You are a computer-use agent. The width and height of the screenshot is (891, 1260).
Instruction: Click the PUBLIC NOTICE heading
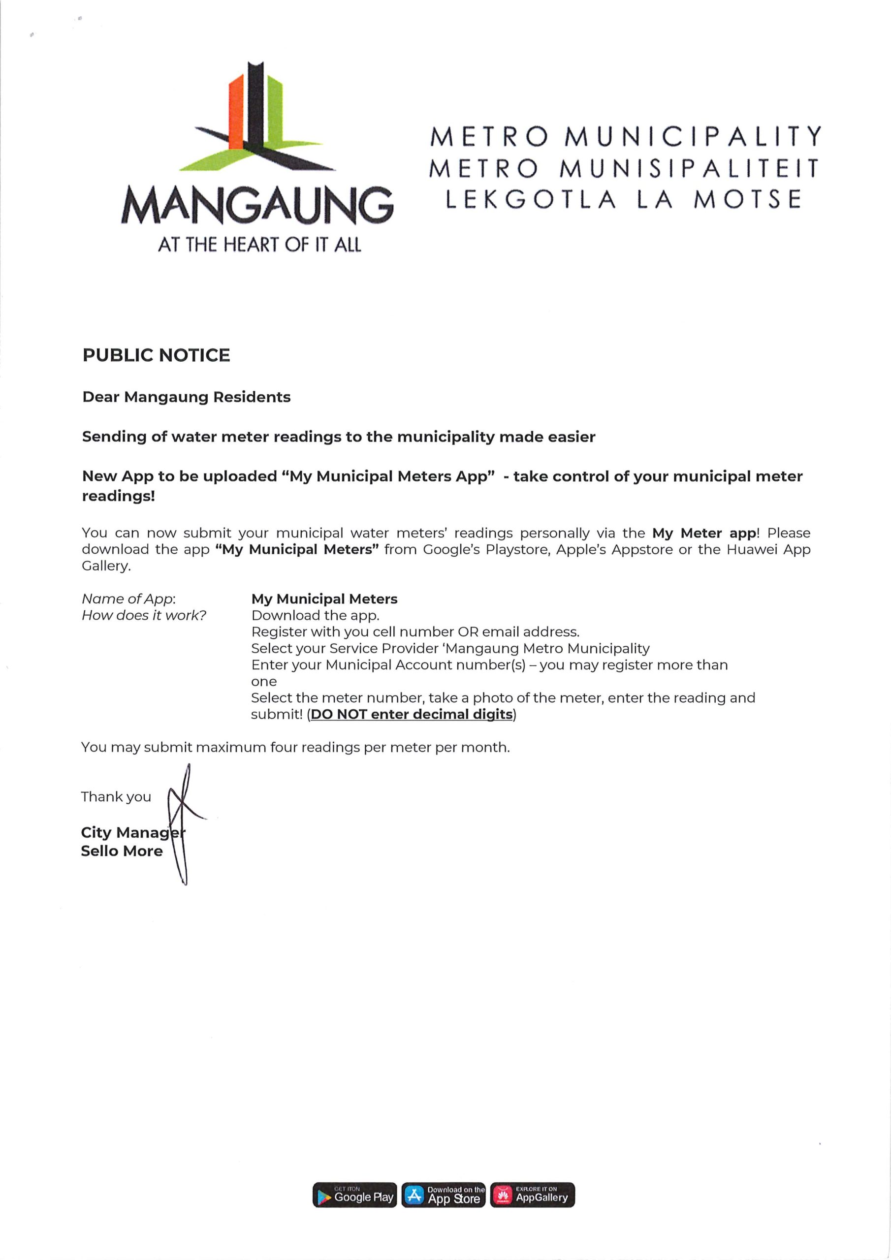coord(156,355)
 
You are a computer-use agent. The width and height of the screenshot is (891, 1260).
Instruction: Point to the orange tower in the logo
coord(236,113)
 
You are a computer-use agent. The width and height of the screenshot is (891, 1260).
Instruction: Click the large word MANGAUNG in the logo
coord(257,205)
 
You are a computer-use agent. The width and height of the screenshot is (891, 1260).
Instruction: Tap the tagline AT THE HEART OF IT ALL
coord(259,244)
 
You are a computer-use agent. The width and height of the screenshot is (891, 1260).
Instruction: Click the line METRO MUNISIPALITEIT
coord(624,168)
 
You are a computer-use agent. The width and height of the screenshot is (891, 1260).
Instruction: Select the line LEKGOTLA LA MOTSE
coord(624,200)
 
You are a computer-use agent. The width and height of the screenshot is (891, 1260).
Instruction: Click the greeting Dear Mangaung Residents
coord(186,397)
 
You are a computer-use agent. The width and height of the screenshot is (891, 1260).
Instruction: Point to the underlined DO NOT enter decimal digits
coord(412,715)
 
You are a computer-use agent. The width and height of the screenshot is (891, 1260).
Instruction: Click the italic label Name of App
coord(128,598)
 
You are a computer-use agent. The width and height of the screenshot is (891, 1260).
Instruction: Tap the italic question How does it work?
coord(144,615)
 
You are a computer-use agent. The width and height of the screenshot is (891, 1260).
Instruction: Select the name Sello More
coord(122,851)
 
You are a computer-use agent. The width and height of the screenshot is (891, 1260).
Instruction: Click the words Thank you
coord(116,797)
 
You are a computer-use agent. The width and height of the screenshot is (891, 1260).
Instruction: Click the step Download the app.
coord(315,615)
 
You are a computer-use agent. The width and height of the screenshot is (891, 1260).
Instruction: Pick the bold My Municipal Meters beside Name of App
coord(324,598)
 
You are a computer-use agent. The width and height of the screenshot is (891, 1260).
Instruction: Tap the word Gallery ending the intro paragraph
coord(106,566)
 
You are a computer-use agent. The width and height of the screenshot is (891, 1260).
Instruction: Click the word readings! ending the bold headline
coord(119,496)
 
